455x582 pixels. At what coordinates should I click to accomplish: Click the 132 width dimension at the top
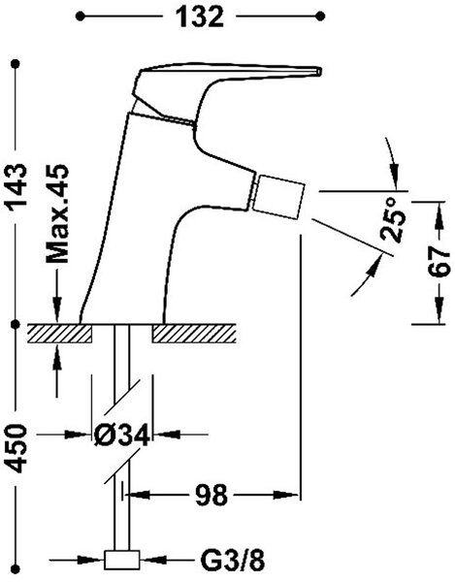(200, 16)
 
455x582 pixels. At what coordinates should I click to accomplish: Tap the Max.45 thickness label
(57, 213)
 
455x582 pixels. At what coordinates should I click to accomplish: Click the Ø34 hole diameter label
(121, 435)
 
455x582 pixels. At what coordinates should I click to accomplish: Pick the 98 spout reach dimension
(211, 495)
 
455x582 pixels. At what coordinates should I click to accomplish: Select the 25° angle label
(393, 220)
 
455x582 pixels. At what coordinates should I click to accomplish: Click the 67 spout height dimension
(439, 262)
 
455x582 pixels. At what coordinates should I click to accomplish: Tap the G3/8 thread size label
(233, 560)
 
